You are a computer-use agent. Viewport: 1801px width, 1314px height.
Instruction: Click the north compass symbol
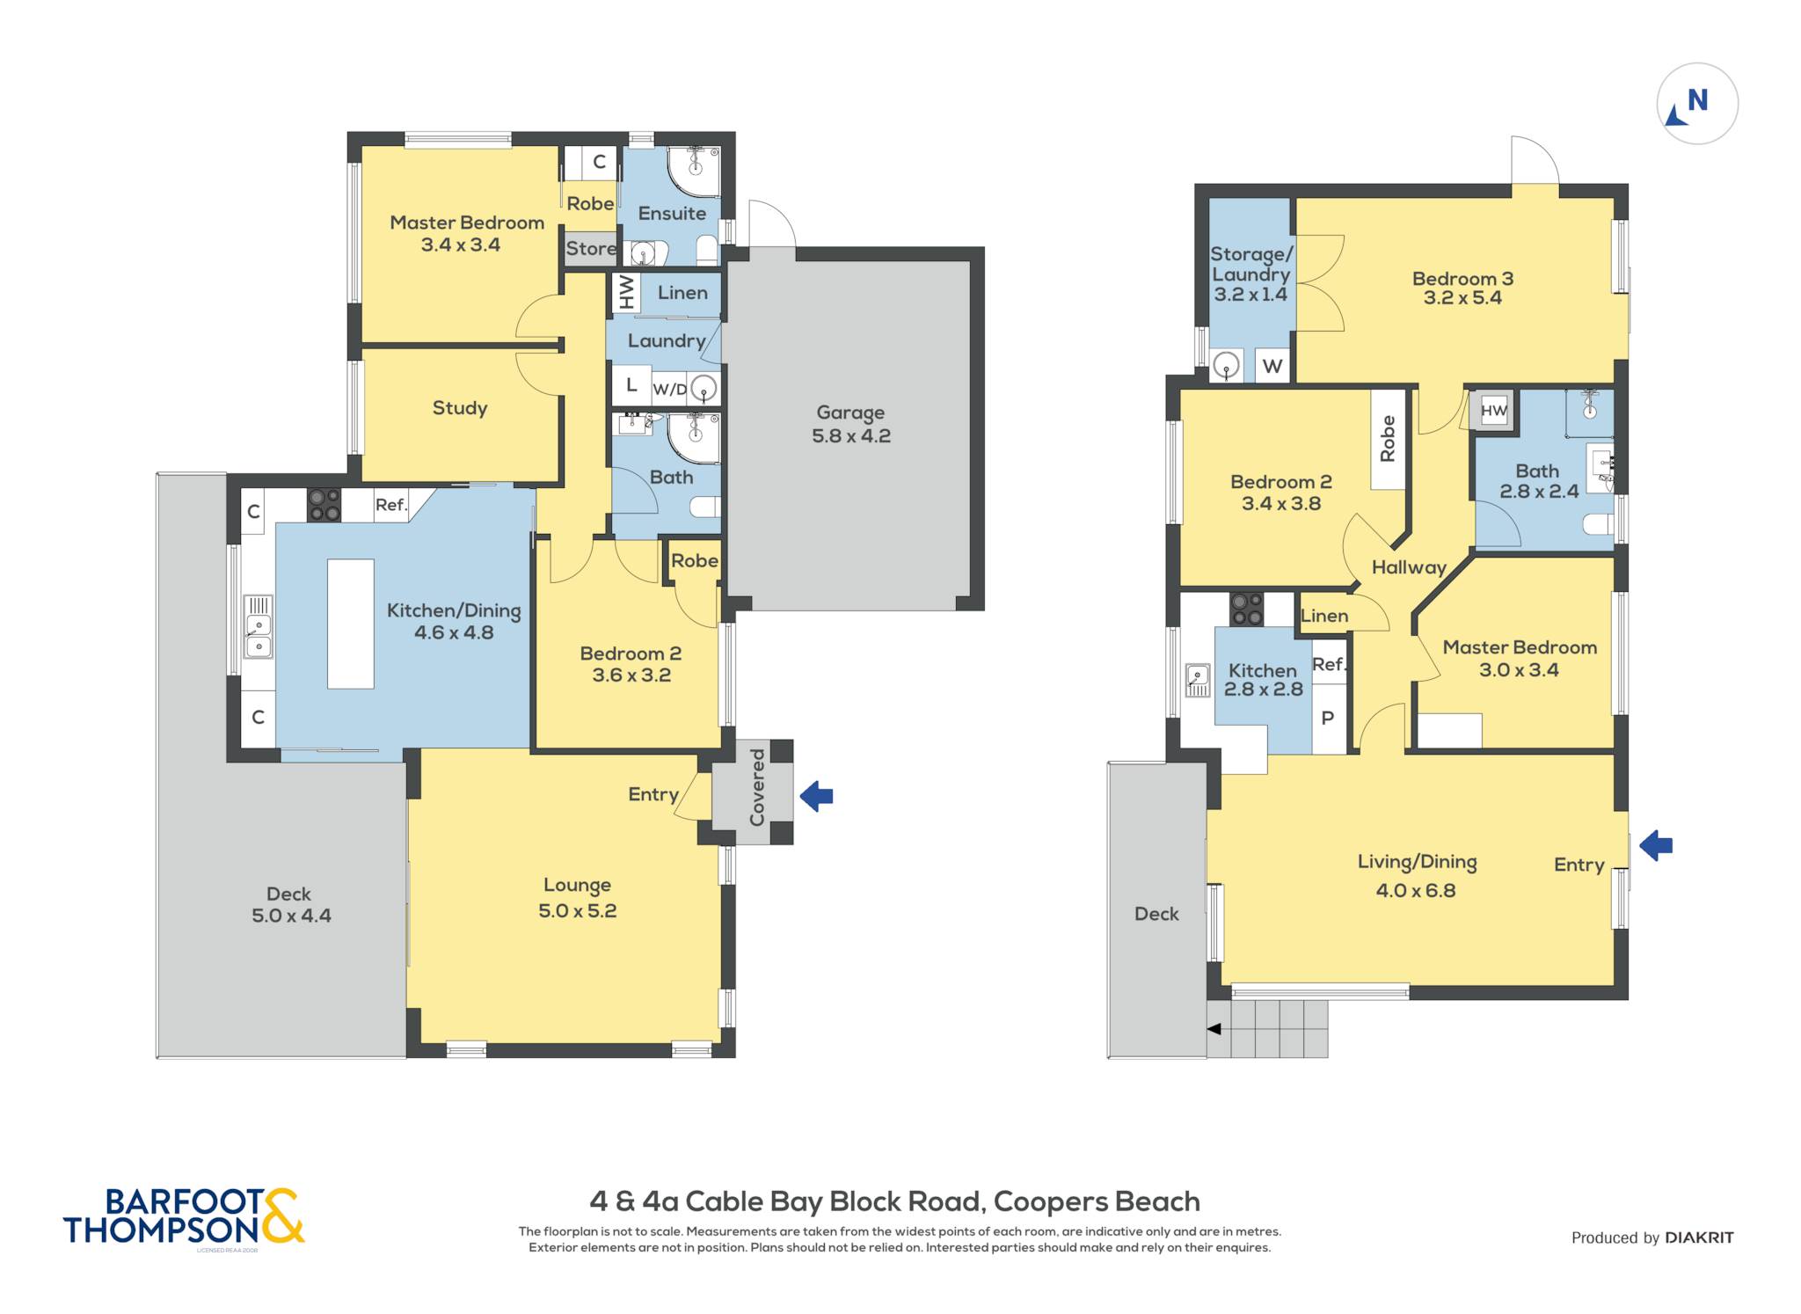coord(1697,104)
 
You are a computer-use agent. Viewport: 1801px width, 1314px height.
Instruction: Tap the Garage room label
coord(850,412)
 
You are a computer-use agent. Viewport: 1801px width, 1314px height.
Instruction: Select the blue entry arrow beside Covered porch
coord(816,796)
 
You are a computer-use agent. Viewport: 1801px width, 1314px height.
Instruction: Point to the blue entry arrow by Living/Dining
coord(1656,846)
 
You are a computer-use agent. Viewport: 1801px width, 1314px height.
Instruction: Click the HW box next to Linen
coord(625,292)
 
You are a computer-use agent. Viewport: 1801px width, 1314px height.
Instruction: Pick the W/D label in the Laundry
coord(670,389)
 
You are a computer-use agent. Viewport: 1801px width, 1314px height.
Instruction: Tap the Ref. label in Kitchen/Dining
coord(391,505)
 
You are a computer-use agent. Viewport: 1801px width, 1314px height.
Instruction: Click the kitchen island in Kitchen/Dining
coord(351,624)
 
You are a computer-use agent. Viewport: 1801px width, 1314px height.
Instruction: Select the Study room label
coord(460,408)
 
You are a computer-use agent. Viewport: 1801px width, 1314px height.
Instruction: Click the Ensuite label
coord(672,214)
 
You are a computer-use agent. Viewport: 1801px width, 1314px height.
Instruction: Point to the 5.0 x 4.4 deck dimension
coord(291,916)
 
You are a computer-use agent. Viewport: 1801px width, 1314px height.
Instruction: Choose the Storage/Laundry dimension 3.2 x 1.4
coord(1250,295)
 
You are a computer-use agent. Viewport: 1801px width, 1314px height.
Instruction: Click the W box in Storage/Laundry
coord(1272,366)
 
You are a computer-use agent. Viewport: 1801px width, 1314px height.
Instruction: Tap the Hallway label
coord(1409,568)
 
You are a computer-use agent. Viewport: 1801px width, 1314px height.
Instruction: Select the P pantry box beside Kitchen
coord(1328,719)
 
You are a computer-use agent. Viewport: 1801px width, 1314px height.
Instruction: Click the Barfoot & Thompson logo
coord(184,1216)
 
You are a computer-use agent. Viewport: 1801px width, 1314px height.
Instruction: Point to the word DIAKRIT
coord(1699,1237)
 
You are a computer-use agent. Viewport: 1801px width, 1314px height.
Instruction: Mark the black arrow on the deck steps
coord(1214,1029)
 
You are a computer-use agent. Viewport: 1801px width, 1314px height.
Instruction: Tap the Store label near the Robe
coord(591,249)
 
